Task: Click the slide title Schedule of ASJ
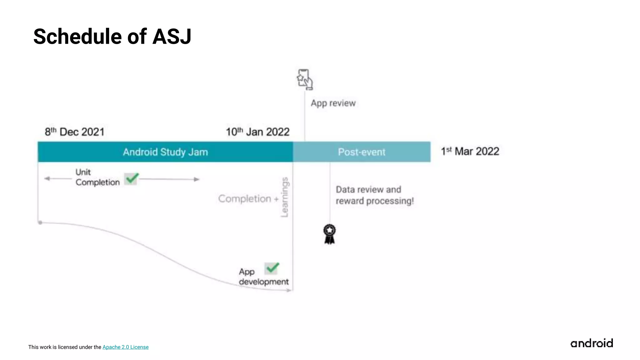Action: coord(112,37)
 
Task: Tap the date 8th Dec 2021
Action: coord(74,132)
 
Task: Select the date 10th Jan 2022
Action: coord(257,132)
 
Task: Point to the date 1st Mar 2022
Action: coord(470,152)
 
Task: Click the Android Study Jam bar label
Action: coord(165,152)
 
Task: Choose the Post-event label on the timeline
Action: coord(362,152)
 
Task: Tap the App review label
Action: coord(333,103)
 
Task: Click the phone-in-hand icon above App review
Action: coord(305,79)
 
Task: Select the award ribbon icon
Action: coord(329,234)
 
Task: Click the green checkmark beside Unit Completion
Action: coord(131,179)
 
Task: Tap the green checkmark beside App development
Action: coord(272,268)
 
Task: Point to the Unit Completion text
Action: coord(97,177)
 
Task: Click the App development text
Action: coord(263,277)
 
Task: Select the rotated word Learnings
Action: coord(284,197)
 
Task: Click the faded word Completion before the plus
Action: coord(245,199)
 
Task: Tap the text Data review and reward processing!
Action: coord(374,195)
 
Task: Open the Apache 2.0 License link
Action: coord(125,347)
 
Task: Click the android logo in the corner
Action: coord(592,343)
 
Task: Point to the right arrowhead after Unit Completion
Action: coord(197,179)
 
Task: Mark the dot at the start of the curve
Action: coord(40,222)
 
